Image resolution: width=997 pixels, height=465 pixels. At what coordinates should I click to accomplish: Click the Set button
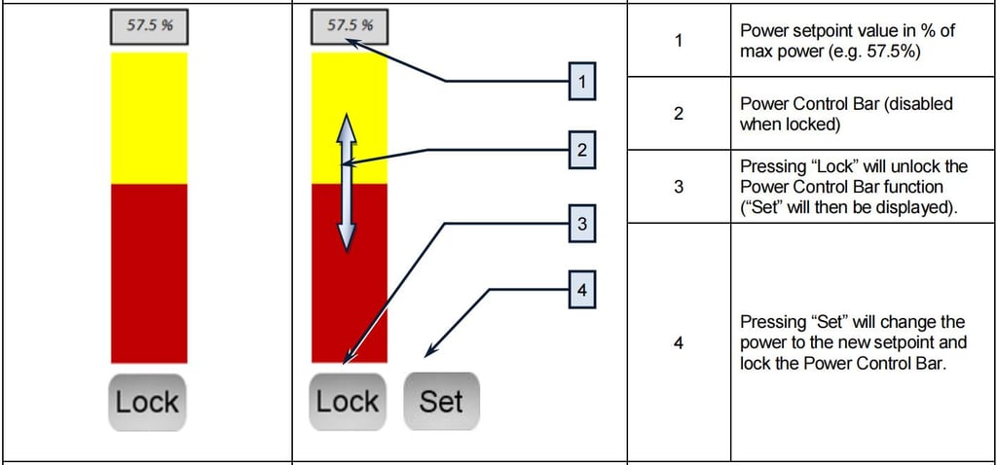pyautogui.click(x=441, y=401)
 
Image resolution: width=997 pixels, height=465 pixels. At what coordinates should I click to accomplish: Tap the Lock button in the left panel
pyautogui.click(x=147, y=401)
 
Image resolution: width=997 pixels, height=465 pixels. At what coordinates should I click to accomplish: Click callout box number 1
pyautogui.click(x=581, y=83)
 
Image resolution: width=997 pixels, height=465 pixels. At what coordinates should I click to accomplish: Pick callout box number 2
pyautogui.click(x=581, y=151)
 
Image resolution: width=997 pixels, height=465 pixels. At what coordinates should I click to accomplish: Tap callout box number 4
pyautogui.click(x=581, y=290)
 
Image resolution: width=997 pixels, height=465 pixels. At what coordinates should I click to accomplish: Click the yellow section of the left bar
pyautogui.click(x=149, y=117)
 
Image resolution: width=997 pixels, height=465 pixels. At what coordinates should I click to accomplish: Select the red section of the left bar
pyautogui.click(x=149, y=272)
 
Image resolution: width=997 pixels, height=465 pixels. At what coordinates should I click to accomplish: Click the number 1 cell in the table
pyautogui.click(x=679, y=40)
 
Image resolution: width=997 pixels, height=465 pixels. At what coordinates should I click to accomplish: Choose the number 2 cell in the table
pyautogui.click(x=679, y=113)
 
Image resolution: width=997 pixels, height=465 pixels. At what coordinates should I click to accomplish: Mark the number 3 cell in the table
pyautogui.click(x=679, y=186)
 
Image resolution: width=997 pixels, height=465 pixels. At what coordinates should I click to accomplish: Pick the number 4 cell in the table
pyautogui.click(x=679, y=341)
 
